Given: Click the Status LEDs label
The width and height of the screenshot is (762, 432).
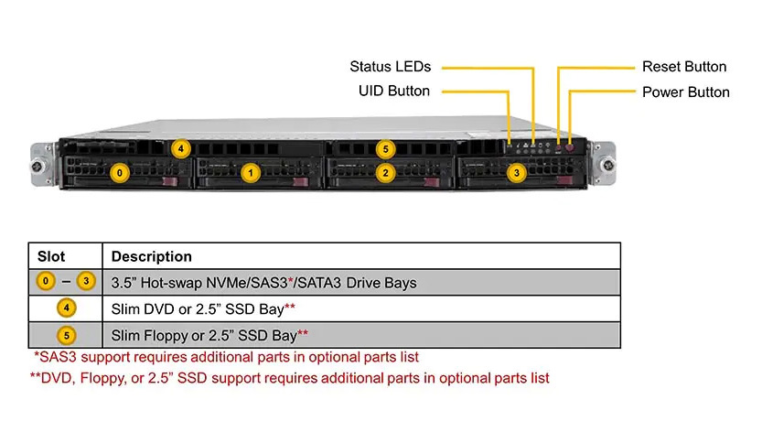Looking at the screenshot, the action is click(391, 67).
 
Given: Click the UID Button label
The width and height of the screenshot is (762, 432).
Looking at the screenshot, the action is click(394, 91).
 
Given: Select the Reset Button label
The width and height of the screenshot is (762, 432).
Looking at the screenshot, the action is click(684, 67).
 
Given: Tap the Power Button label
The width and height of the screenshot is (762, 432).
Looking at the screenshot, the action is click(686, 92).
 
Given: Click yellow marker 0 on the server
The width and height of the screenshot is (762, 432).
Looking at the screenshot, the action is click(120, 173).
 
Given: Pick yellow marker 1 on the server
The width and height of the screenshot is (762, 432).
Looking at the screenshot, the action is click(251, 173).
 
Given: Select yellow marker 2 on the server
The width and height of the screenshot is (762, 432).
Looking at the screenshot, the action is click(385, 173).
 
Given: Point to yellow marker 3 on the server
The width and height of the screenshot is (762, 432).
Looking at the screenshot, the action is click(517, 173).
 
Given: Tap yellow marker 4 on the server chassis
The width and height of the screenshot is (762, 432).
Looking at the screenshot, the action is click(181, 148).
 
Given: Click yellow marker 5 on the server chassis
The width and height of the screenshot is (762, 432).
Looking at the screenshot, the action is click(385, 149).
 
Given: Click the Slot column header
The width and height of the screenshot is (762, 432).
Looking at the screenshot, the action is click(51, 256).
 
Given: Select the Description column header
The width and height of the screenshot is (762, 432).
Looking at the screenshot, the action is click(152, 256).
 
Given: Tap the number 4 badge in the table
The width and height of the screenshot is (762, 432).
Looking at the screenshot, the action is click(67, 308).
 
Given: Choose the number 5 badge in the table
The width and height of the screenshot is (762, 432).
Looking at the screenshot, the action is click(67, 335).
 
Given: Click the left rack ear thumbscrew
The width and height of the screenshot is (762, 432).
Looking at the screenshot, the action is click(38, 167).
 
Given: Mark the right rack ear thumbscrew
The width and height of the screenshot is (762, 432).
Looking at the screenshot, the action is click(607, 166).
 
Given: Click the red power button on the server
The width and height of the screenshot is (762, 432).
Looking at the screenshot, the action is click(570, 146).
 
